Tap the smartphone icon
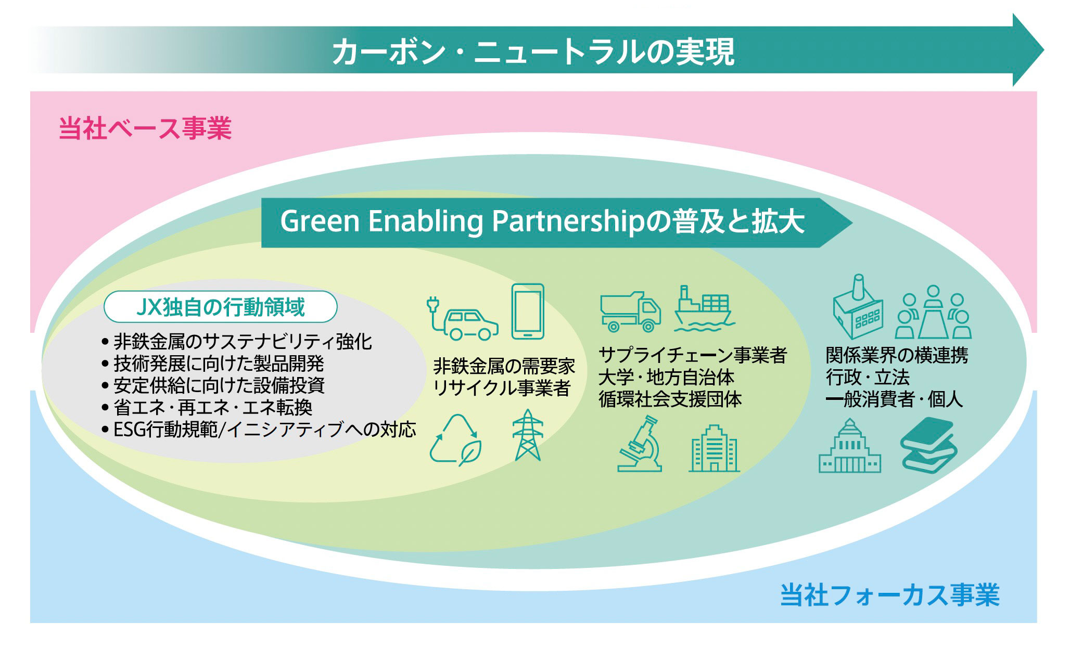528,311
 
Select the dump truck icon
630,311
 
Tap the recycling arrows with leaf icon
455,439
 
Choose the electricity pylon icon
528,435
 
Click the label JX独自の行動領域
221,307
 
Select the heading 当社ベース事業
145,128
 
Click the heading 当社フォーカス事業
890,595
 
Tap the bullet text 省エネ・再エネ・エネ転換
213,407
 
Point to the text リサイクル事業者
502,388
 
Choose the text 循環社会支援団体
670,399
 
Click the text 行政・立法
868,377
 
